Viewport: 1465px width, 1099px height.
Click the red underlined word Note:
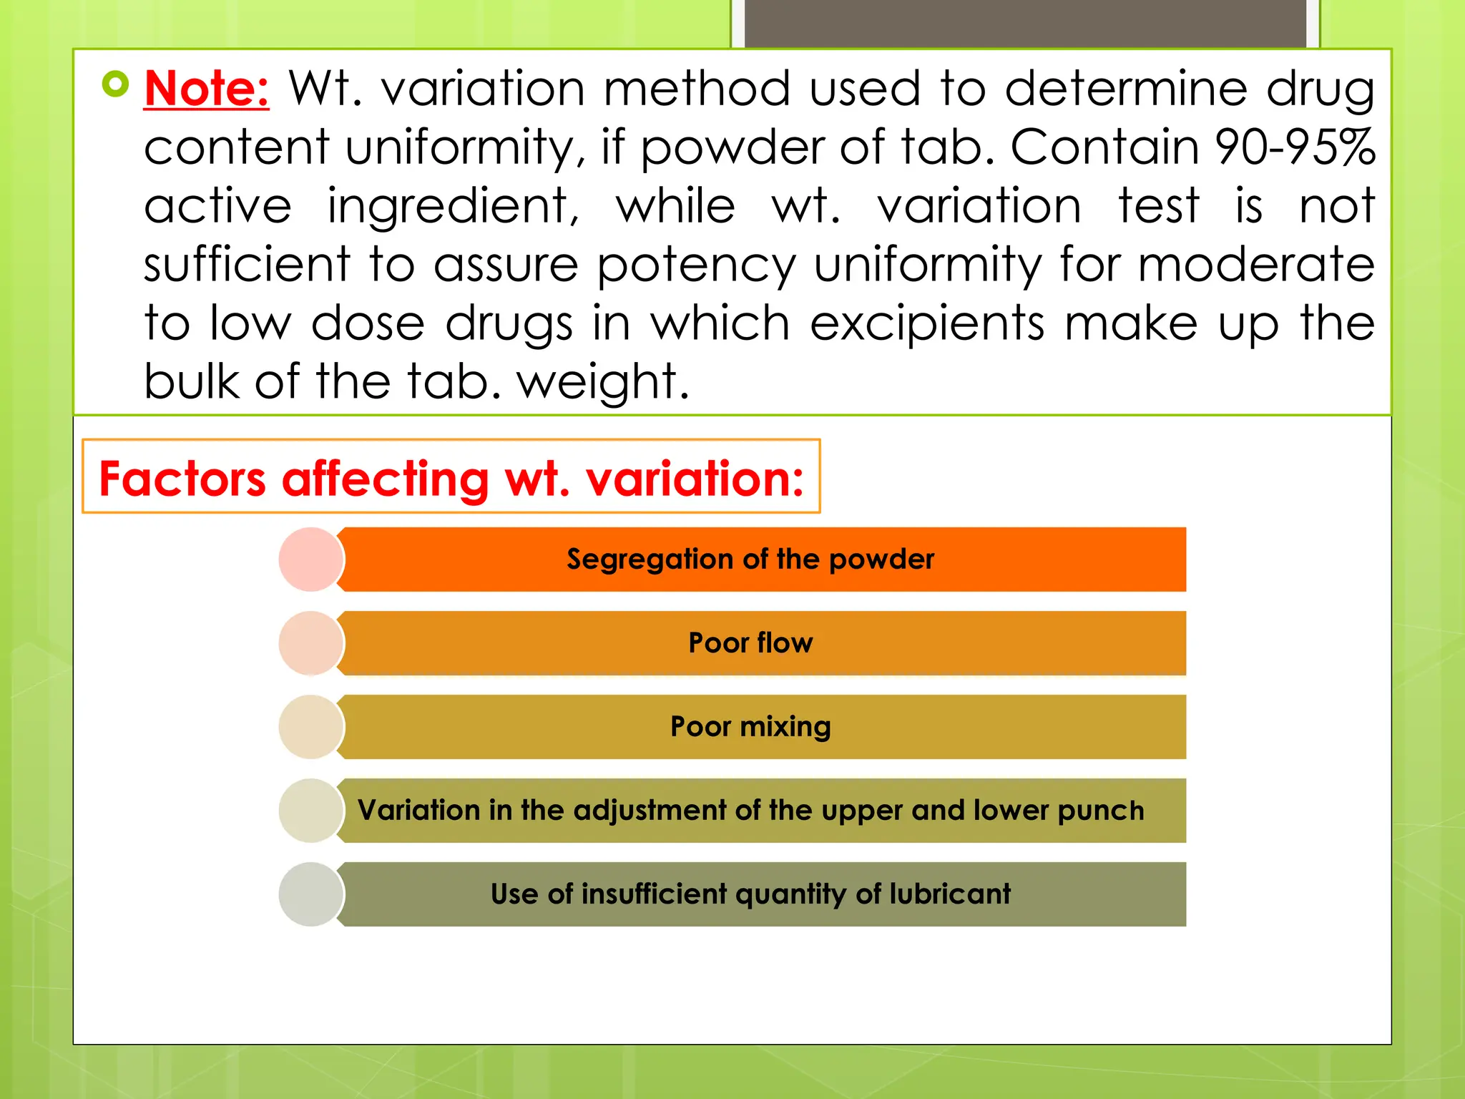[x=207, y=89]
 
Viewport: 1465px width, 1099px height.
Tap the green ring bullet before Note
[x=115, y=84]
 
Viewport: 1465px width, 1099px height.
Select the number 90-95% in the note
[x=1294, y=147]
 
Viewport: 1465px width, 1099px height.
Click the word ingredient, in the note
[x=453, y=207]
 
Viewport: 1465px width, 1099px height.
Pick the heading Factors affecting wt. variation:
[x=451, y=478]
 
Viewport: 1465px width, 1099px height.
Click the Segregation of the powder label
[x=750, y=560]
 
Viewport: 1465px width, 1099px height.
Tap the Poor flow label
[x=750, y=643]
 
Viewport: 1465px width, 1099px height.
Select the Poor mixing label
[x=750, y=727]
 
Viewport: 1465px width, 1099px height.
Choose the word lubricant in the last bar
[x=950, y=894]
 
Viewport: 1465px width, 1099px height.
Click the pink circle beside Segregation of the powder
[x=311, y=560]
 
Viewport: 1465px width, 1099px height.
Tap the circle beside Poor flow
[x=311, y=643]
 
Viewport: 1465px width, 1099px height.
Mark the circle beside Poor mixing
[x=311, y=727]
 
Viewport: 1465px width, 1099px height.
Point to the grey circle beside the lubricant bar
[x=311, y=894]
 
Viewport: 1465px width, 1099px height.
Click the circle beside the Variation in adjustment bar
[x=311, y=811]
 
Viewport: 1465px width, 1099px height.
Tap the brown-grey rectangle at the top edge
[x=1025, y=23]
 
